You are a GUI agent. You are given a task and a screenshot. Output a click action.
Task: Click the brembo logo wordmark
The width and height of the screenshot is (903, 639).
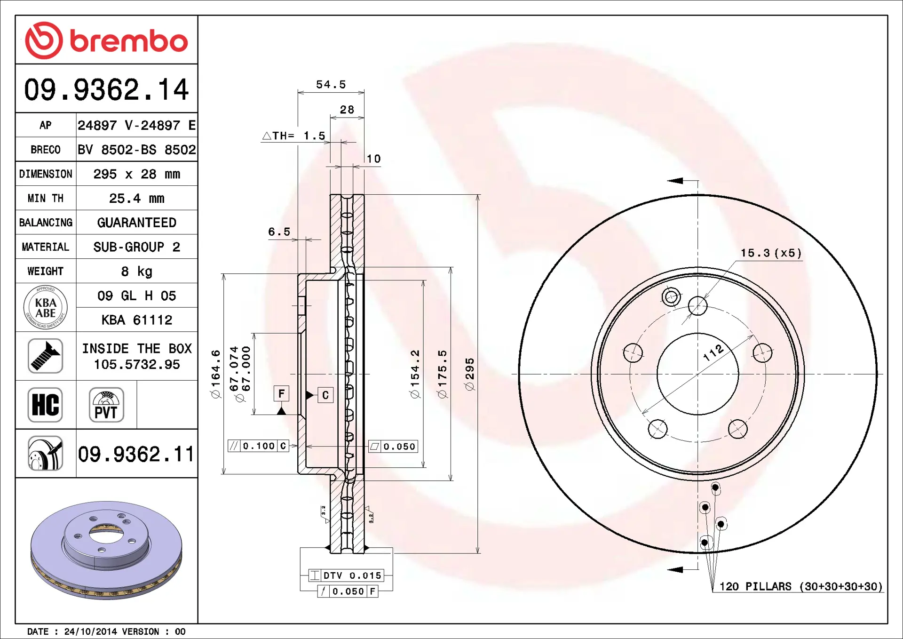[129, 41]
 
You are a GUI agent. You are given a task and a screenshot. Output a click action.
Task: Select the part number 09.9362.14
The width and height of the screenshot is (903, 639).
[106, 89]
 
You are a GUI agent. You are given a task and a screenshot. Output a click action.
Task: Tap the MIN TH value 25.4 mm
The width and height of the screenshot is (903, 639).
[137, 198]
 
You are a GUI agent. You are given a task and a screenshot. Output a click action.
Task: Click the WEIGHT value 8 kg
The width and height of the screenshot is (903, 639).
[137, 271]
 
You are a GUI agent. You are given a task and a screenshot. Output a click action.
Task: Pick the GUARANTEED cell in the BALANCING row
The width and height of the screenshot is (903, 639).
[137, 223]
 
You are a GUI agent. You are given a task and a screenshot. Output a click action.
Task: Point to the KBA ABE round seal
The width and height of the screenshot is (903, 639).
[46, 307]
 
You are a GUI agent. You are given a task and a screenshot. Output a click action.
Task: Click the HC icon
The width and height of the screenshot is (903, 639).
[45, 405]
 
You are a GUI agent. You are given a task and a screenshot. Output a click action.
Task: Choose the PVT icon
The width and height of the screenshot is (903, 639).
[106, 405]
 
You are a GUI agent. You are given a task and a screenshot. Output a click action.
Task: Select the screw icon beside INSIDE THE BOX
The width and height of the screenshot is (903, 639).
[45, 356]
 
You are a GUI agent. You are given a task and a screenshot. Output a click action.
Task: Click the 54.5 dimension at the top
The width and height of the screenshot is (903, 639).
[331, 85]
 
